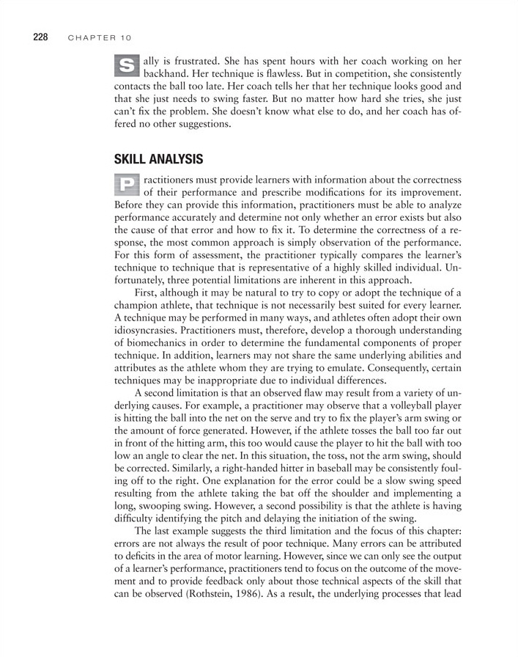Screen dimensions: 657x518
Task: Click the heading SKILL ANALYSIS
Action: point(158,159)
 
